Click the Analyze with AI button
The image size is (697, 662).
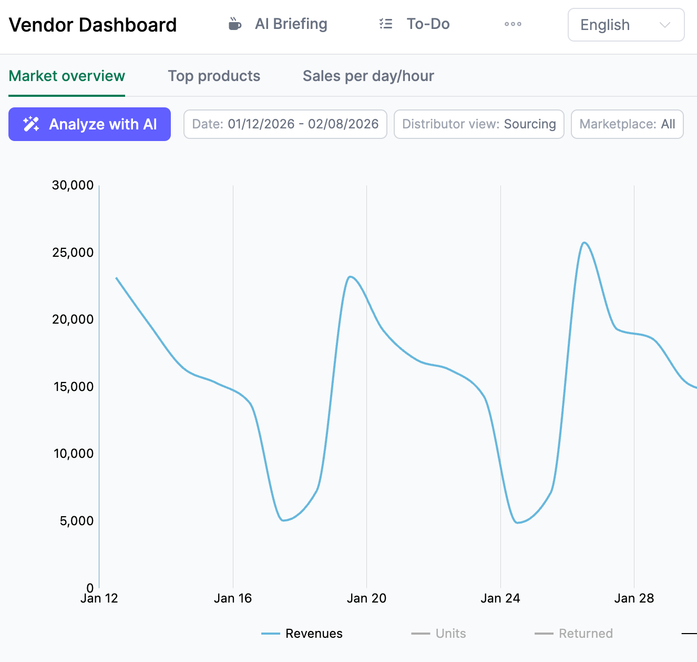click(x=89, y=124)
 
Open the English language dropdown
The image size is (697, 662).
click(x=626, y=25)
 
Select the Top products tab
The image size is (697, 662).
click(x=214, y=76)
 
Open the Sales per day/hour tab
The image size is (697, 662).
click(x=368, y=76)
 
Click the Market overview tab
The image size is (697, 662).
click(x=67, y=76)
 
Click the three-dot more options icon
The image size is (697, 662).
click(x=512, y=24)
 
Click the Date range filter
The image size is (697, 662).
click(x=285, y=124)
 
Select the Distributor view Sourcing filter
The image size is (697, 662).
click(x=478, y=124)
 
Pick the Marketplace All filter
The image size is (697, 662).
click(x=627, y=124)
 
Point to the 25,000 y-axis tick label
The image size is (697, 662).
click(x=73, y=253)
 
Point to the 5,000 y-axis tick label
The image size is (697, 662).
click(x=76, y=521)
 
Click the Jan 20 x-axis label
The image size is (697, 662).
click(x=366, y=598)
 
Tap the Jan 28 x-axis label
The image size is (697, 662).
click(x=634, y=598)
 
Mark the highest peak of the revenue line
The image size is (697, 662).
click(x=584, y=243)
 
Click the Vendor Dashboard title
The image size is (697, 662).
click(x=93, y=25)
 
